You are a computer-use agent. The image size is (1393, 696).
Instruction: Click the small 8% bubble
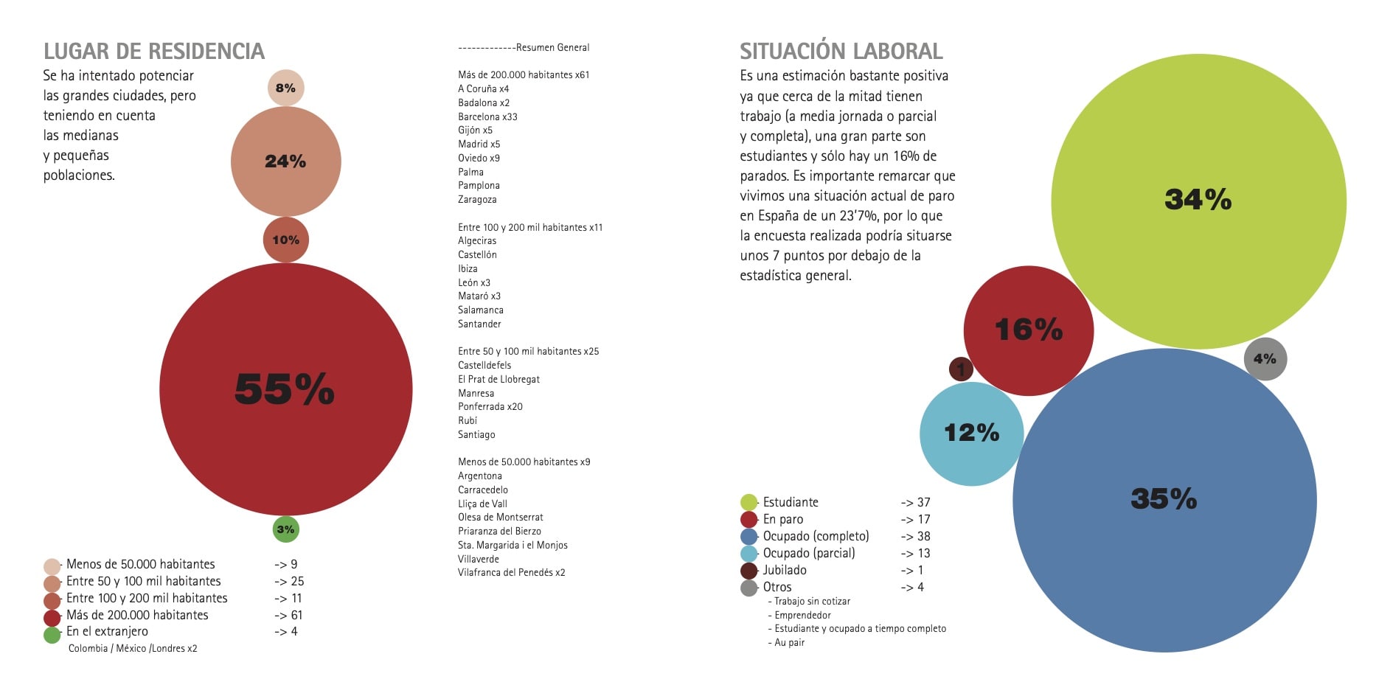tap(285, 88)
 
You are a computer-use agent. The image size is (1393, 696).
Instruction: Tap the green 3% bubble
tap(286, 529)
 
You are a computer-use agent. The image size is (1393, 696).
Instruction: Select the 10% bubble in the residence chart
tap(286, 240)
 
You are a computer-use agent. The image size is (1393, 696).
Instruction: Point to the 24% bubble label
tap(285, 161)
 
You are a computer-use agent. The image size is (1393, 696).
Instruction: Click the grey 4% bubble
tap(1265, 359)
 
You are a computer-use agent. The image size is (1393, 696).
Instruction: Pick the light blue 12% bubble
tap(971, 434)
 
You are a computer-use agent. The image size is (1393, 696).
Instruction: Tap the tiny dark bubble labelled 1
tap(960, 369)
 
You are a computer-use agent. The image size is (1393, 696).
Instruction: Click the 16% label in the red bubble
tap(1029, 330)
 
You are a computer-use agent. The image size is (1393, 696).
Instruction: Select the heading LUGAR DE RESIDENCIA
tap(153, 51)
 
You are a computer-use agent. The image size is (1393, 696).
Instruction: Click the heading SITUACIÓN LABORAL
tap(841, 51)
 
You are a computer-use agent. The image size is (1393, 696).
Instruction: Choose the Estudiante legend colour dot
tap(748, 502)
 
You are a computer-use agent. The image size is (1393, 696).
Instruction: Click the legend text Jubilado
tap(785, 570)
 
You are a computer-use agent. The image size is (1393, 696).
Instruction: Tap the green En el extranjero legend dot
tap(52, 634)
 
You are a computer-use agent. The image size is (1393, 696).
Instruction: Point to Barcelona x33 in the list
tap(487, 116)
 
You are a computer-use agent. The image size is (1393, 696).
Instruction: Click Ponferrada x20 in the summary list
tap(490, 406)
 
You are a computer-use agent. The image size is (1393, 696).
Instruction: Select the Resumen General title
tap(552, 47)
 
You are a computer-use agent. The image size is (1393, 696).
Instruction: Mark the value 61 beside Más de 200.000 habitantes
tap(296, 615)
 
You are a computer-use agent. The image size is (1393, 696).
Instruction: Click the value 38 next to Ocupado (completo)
tap(923, 536)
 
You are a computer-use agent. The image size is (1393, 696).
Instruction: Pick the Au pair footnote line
tap(789, 642)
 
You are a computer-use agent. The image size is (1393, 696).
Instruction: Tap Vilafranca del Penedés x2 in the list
tap(511, 572)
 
